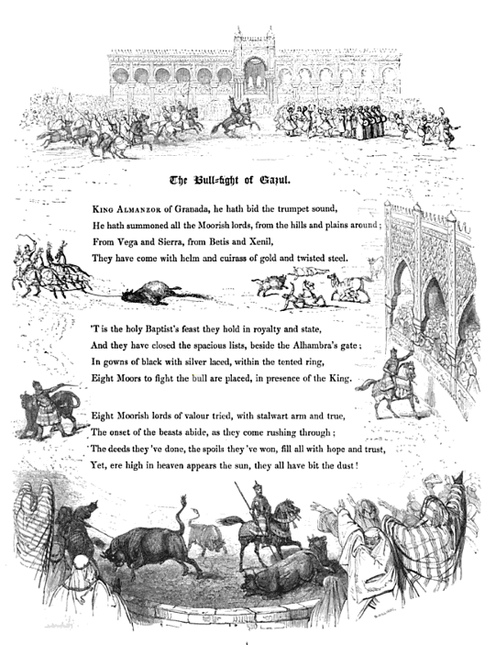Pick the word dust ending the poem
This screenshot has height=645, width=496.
point(342,465)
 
